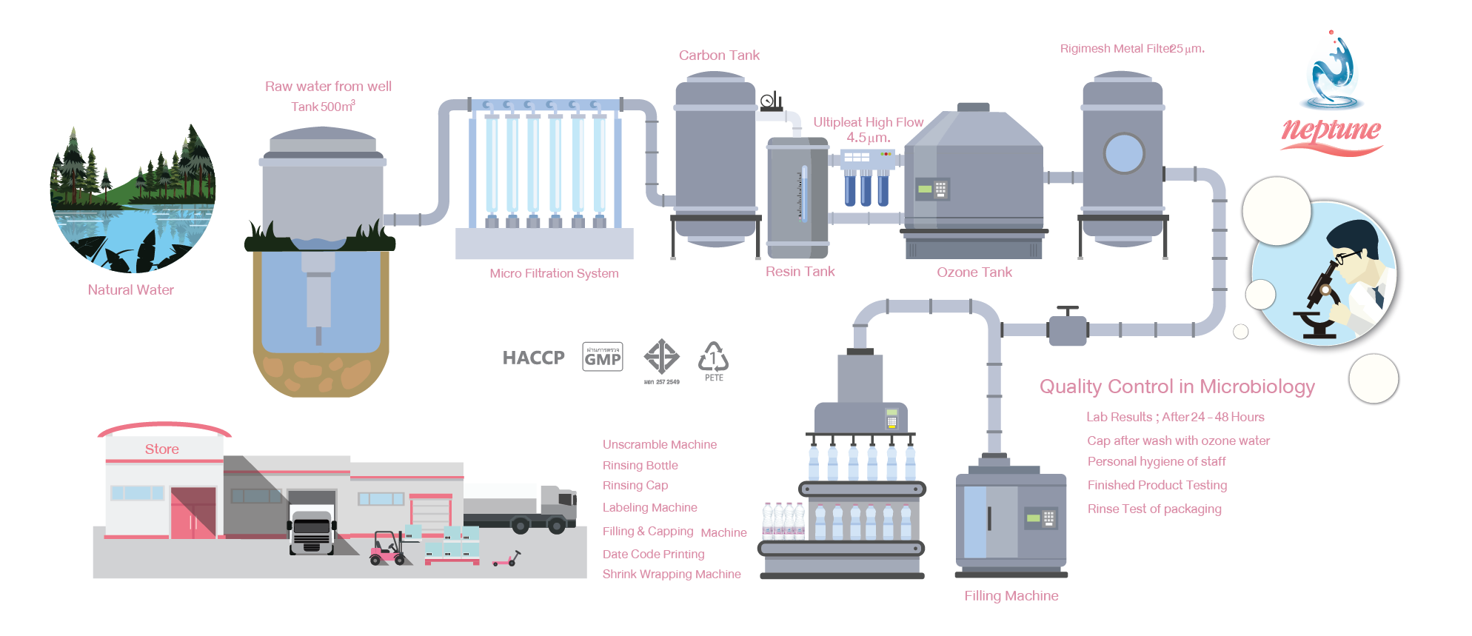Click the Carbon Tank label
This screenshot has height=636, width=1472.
point(719,56)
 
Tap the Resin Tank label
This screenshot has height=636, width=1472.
point(800,272)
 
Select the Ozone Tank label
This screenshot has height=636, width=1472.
point(974,272)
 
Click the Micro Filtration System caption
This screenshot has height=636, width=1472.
point(554,273)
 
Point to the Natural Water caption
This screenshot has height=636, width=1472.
point(130,290)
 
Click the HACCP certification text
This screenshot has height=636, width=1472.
point(533,358)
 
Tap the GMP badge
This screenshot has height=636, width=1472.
point(603,357)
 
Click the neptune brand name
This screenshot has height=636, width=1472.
point(1331,130)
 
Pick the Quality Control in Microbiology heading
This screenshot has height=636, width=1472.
point(1177,386)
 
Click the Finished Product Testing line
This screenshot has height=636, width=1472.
point(1157,485)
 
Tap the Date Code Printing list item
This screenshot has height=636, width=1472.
point(653,554)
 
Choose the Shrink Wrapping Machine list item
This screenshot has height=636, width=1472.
point(671,574)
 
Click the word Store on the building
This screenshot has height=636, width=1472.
point(162,449)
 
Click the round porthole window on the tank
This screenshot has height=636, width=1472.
point(1123,153)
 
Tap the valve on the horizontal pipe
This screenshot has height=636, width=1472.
point(1067,328)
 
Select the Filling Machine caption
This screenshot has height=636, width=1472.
point(1011,596)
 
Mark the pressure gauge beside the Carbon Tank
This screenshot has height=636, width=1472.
point(769,100)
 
